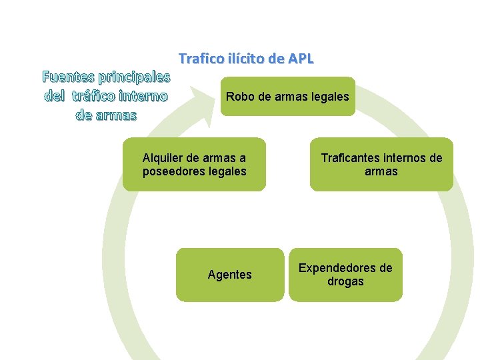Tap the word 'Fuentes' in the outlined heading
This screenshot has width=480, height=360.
click(x=65, y=77)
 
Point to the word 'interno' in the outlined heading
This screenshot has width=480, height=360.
click(x=145, y=96)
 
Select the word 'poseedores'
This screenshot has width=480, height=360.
click(x=174, y=171)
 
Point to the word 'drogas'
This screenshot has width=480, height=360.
click(x=345, y=281)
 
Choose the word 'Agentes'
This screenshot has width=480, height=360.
click(x=230, y=275)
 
